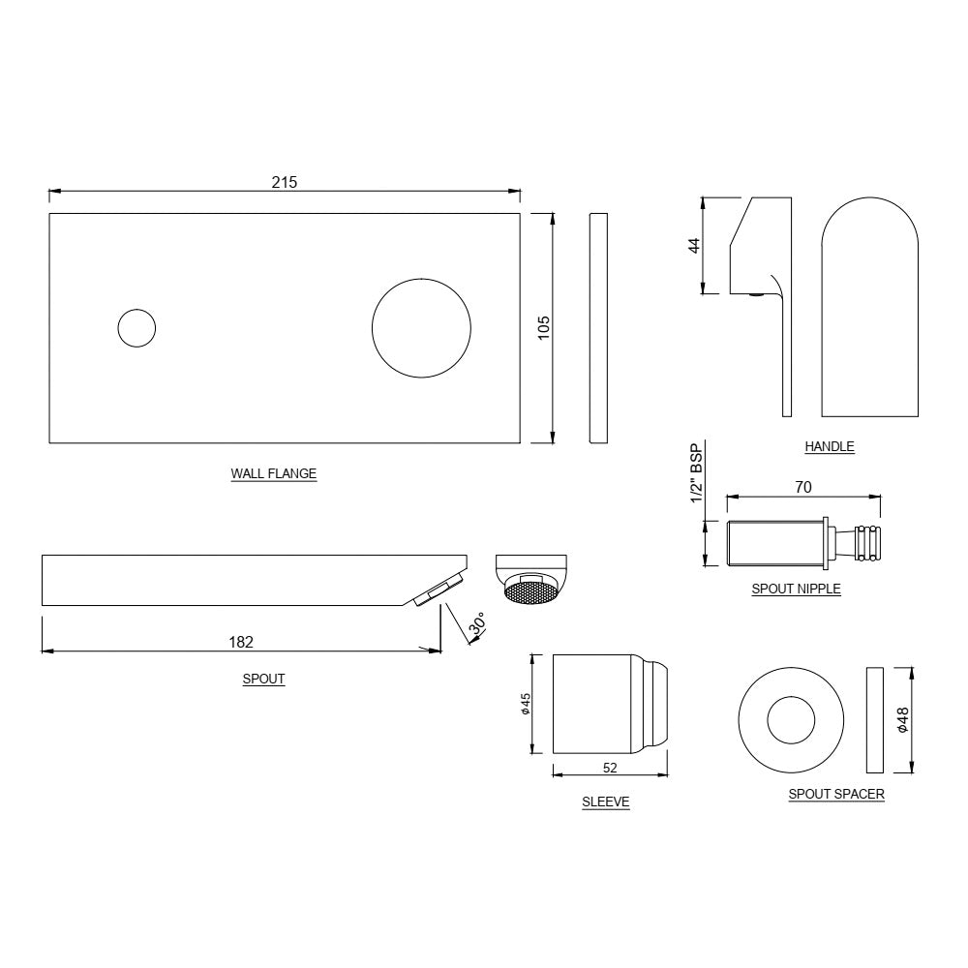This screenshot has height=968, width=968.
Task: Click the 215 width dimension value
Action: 284,182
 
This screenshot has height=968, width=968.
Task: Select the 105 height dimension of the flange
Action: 543,328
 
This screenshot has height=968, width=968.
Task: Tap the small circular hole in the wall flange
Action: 136,328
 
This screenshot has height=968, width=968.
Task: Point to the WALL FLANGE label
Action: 273,474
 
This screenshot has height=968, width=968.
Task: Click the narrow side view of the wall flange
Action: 598,328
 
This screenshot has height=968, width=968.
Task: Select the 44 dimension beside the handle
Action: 694,246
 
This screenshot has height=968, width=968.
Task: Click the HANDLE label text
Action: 830,446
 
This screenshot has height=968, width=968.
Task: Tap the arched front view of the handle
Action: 869,310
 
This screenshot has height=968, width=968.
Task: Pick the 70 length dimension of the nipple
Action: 802,487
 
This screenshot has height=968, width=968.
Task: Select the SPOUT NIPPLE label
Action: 796,589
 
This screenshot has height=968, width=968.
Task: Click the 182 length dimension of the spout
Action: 241,641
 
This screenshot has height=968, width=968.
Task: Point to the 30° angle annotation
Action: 476,626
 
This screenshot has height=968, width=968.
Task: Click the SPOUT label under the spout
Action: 263,680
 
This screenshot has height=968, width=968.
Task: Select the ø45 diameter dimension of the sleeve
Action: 525,704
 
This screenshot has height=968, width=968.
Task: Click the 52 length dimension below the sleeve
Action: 609,768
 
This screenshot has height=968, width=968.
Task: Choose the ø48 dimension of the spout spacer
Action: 902,720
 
